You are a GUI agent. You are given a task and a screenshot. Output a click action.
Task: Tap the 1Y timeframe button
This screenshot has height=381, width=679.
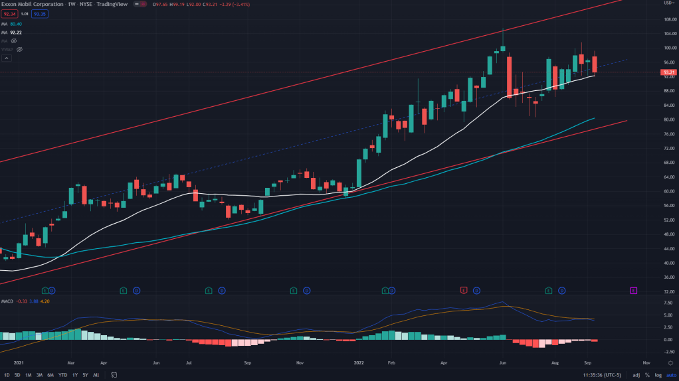pos(75,375)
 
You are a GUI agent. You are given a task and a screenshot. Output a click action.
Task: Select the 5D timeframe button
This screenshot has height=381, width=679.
pos(17,375)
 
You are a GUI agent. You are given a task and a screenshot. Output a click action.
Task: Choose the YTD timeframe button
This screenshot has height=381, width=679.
pos(62,375)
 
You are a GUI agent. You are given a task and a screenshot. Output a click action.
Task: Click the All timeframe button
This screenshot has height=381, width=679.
pos(96,375)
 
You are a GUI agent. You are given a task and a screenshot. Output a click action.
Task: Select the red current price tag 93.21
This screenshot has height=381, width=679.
pos(668,72)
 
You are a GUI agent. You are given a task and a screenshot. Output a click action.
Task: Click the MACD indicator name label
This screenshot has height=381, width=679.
pos(8,302)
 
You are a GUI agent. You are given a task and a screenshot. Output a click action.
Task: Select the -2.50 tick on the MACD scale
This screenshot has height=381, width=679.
pos(666,352)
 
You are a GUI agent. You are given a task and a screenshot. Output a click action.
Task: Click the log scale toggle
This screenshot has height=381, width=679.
pos(658,375)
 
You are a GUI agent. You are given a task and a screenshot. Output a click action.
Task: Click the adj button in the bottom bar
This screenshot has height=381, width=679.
pos(636,375)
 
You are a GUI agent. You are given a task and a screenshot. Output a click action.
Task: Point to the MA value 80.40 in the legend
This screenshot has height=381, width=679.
pos(17,25)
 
